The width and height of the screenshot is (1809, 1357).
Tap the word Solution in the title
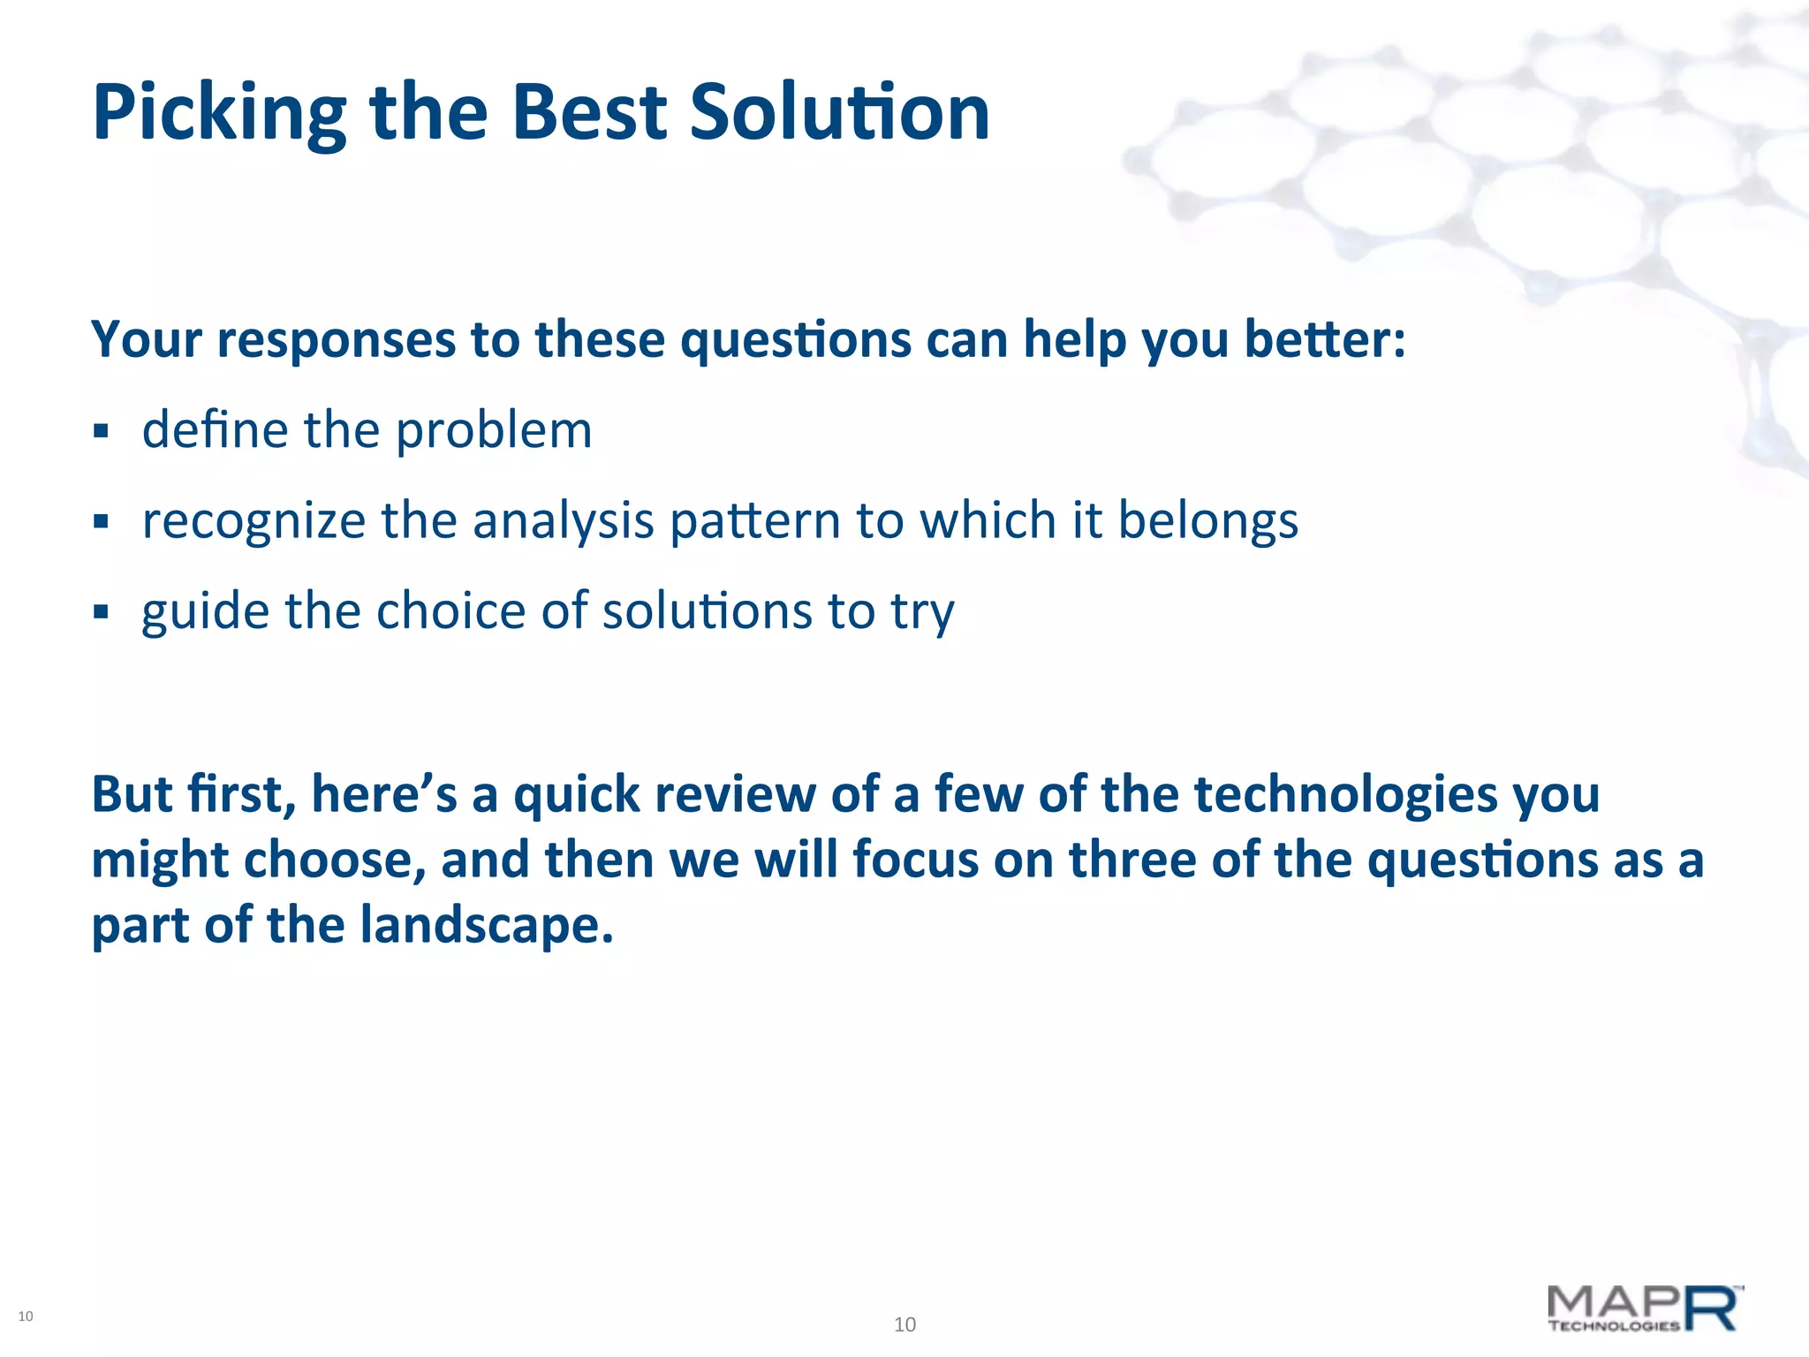[x=839, y=113]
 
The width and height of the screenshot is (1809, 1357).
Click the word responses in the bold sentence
[x=337, y=340]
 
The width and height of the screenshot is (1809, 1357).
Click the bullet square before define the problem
[x=101, y=432]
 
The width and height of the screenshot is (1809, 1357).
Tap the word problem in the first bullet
[x=493, y=432]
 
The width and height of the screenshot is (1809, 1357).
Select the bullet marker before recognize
[x=101, y=522]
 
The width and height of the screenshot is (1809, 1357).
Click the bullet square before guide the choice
[x=101, y=611]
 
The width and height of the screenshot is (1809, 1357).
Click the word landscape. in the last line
[x=486, y=926]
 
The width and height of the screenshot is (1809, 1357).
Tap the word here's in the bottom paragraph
[x=384, y=794]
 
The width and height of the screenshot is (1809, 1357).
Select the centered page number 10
[x=904, y=1324]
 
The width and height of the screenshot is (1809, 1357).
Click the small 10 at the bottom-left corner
[x=26, y=1316]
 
